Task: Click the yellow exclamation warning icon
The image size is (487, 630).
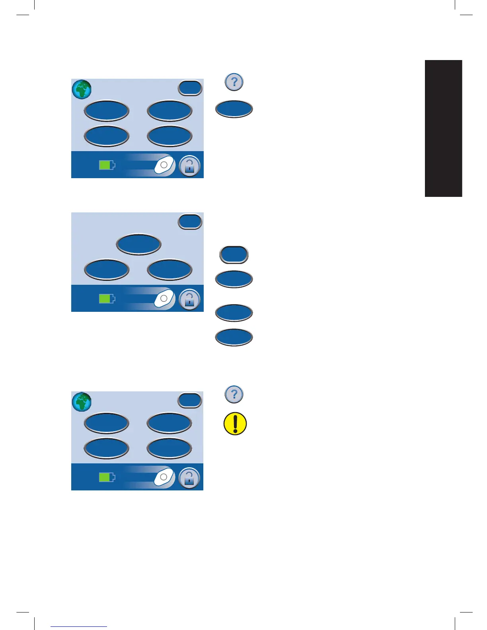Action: pyautogui.click(x=235, y=423)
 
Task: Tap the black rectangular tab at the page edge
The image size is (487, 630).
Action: pyautogui.click(x=443, y=128)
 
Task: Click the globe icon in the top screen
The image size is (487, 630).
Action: pyautogui.click(x=82, y=89)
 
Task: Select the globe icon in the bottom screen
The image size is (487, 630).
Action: pyautogui.click(x=82, y=402)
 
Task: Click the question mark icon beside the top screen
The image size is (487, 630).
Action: pyautogui.click(x=234, y=82)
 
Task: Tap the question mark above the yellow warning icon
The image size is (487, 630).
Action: pyautogui.click(x=234, y=394)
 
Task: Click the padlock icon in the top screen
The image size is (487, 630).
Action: pyautogui.click(x=189, y=166)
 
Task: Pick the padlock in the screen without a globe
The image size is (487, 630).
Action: pyautogui.click(x=189, y=299)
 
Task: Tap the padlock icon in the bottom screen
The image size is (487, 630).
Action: pyautogui.click(x=189, y=478)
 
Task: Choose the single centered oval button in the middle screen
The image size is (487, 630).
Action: pyautogui.click(x=138, y=244)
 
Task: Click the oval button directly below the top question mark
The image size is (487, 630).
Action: pyautogui.click(x=234, y=109)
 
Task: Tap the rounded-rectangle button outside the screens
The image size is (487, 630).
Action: pyautogui.click(x=234, y=255)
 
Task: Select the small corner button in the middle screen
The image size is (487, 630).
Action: pyautogui.click(x=190, y=222)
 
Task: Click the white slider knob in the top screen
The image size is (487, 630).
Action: pyautogui.click(x=164, y=165)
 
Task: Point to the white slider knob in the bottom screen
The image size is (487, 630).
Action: pyautogui.click(x=164, y=477)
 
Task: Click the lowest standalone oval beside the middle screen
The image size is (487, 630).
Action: pyautogui.click(x=234, y=337)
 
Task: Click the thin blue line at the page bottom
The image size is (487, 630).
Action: pyautogui.click(x=79, y=627)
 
